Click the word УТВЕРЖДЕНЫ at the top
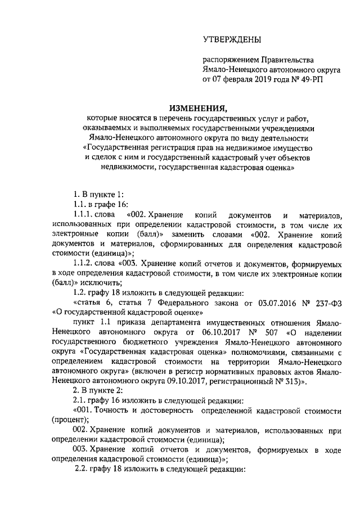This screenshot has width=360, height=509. click(232, 39)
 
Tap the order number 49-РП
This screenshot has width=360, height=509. click(312, 80)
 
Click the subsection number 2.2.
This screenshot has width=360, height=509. click(84, 470)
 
